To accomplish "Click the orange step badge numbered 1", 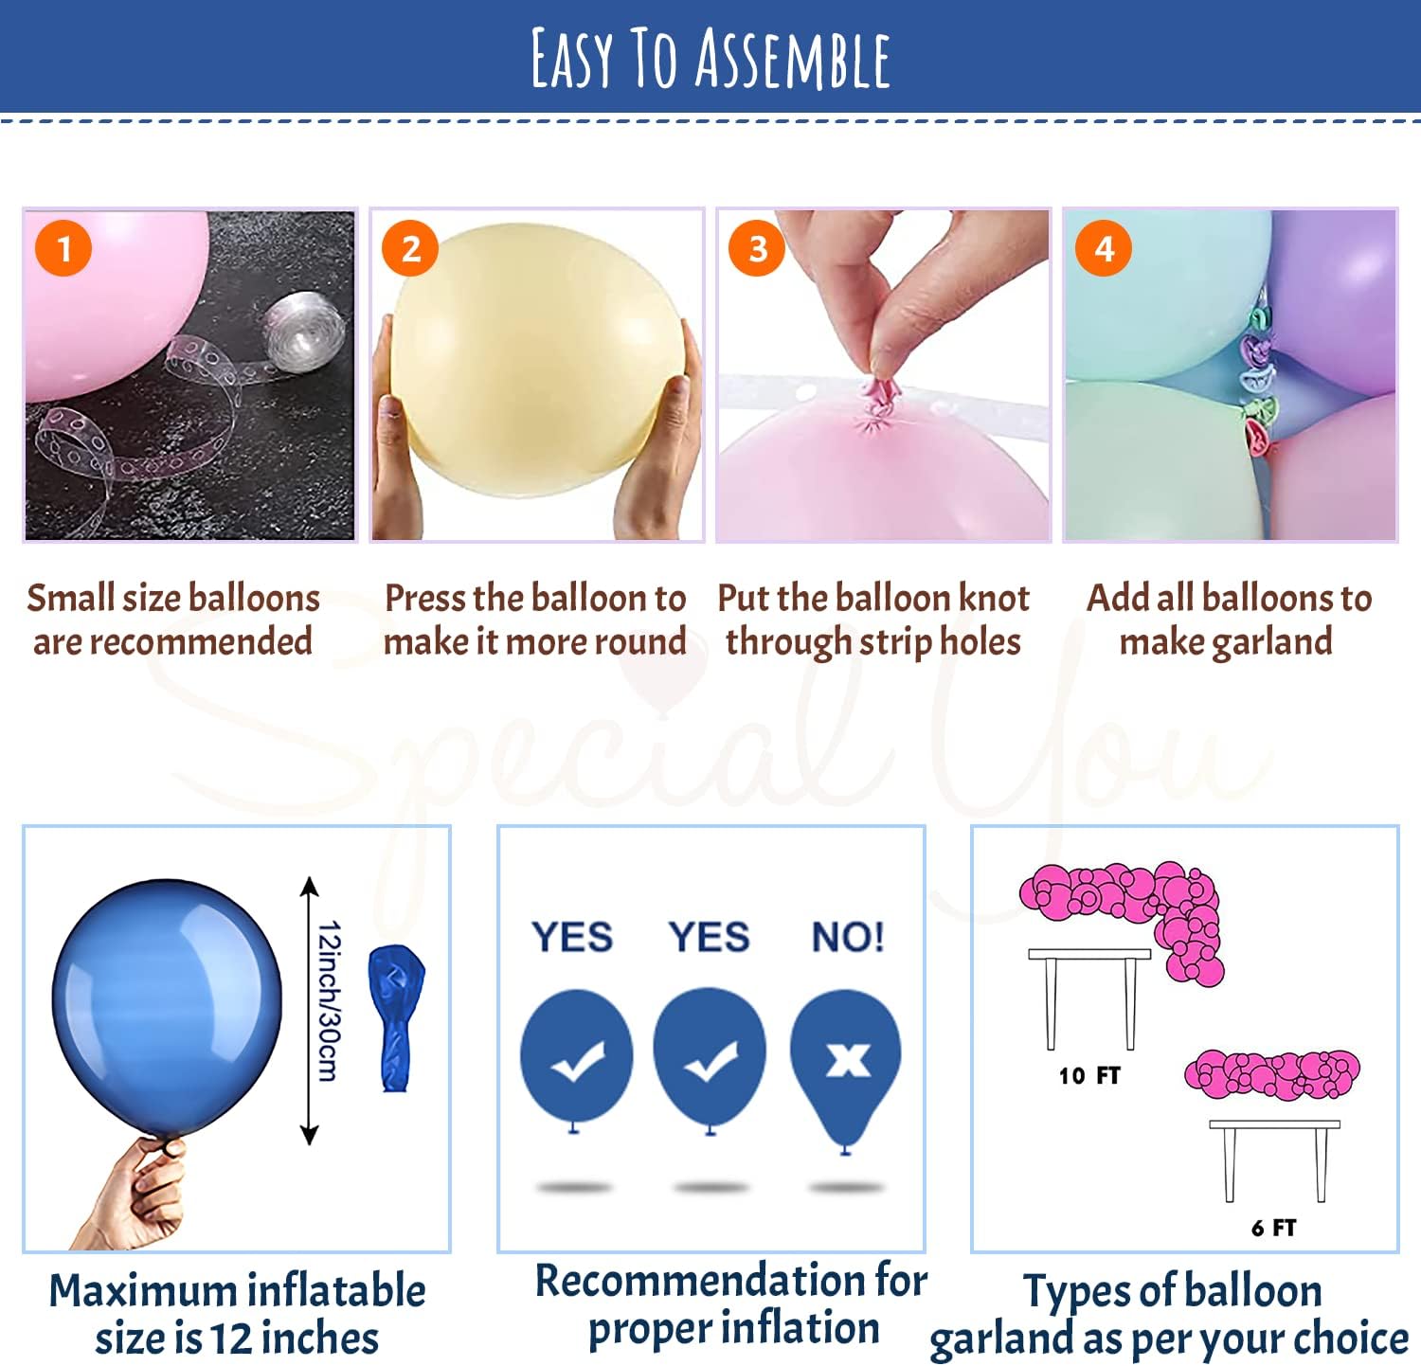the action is point(63,248).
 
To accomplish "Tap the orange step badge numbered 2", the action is point(410,248).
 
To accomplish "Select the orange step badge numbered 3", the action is point(757,248).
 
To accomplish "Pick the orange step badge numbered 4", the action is point(1104,248).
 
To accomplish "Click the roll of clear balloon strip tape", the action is point(297,331).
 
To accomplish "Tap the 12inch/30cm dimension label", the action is point(328,1000).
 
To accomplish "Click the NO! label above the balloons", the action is point(848,937).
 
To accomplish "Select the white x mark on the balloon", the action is point(848,1060).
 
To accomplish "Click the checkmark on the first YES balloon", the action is point(577,1061).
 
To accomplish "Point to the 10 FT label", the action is point(1089,1075).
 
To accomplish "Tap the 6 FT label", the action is point(1273,1228).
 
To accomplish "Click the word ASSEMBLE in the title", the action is point(793,59).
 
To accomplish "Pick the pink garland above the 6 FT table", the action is point(1272,1075).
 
